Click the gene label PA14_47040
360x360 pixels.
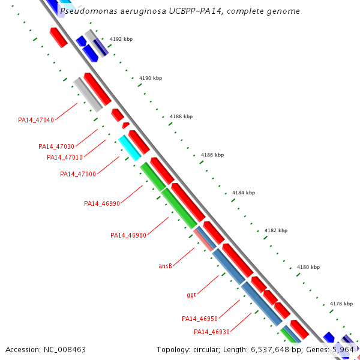pos(36,120)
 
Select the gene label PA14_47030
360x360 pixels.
pos(56,146)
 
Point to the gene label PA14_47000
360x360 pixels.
pos(78,174)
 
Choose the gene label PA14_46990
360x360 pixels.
pos(102,203)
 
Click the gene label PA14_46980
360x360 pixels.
pos(128,235)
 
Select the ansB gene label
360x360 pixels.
pos(166,265)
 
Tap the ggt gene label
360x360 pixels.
pos(191,295)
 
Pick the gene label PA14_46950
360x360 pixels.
pos(200,319)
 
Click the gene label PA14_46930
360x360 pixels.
pos(212,332)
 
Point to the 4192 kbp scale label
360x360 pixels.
pos(121,39)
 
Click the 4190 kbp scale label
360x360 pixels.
pos(151,78)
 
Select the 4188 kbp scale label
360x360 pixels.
pos(181,116)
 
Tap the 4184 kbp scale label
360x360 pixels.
pos(244,193)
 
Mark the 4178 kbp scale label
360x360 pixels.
pos(341,304)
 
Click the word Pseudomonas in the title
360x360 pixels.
pos(84,11)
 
